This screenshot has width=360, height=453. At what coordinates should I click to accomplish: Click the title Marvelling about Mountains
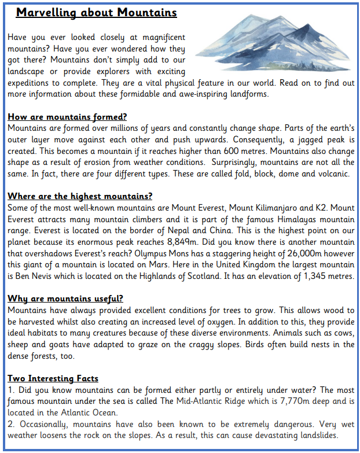coord(96,12)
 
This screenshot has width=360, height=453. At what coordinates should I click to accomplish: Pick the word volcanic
coord(333,174)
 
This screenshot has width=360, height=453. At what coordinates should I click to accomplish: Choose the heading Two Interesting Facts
coord(53,379)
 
